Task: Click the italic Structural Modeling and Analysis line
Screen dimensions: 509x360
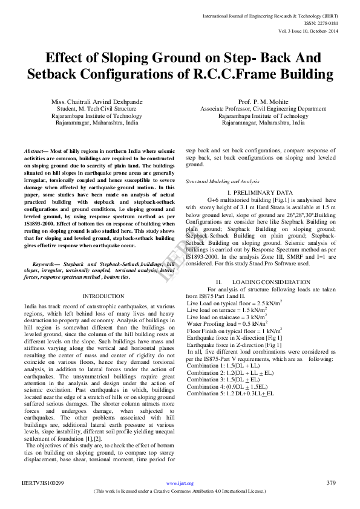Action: point(214,181)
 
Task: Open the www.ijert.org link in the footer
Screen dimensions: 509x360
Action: point(180,483)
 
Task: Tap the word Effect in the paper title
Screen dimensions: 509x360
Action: point(67,58)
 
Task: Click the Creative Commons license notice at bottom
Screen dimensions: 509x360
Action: point(180,491)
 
